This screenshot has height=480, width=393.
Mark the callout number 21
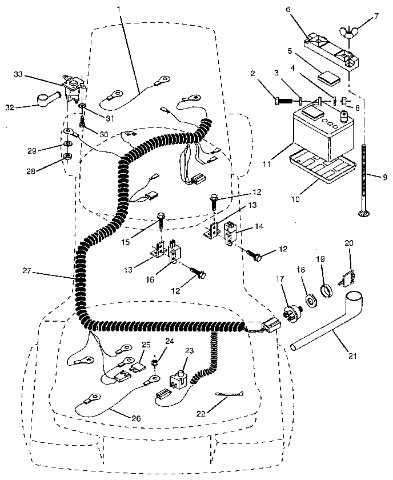pos(352,356)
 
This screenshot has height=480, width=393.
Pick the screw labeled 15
pos(162,219)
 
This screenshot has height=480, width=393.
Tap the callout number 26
pos(135,418)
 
